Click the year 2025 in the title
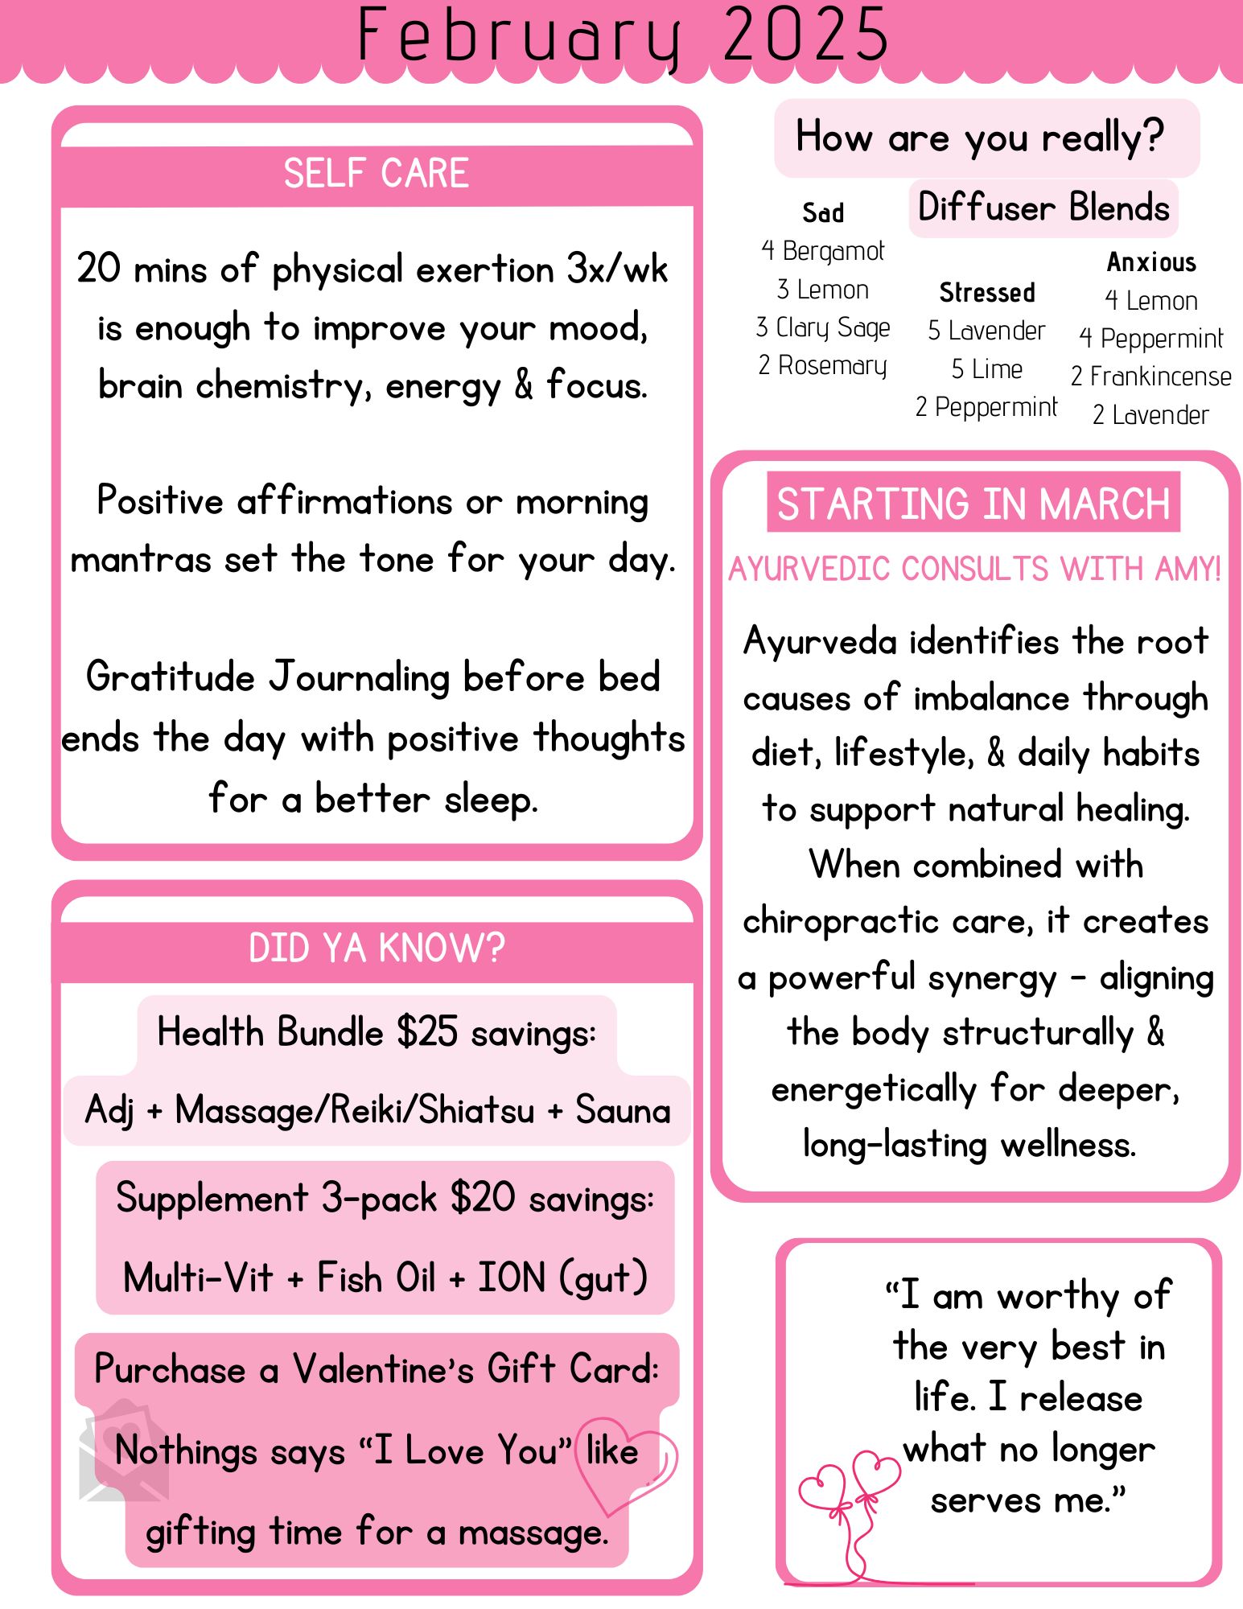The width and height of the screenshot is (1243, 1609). (806, 35)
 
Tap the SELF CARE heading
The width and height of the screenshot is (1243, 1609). (376, 174)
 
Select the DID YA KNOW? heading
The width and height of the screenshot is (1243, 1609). (376, 948)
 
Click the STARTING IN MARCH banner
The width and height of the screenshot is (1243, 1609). (973, 504)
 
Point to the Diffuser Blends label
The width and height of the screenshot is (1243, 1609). (1043, 208)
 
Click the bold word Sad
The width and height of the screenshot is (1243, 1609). (823, 213)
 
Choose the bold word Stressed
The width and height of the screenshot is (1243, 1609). (987, 293)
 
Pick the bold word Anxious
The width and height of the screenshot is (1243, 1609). (1151, 262)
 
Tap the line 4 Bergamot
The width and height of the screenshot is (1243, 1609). (823, 251)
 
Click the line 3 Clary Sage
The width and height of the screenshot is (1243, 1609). (823, 327)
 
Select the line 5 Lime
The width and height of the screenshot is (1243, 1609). (987, 369)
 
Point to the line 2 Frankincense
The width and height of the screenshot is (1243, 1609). (1151, 377)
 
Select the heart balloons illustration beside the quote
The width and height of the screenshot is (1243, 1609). (849, 1504)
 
